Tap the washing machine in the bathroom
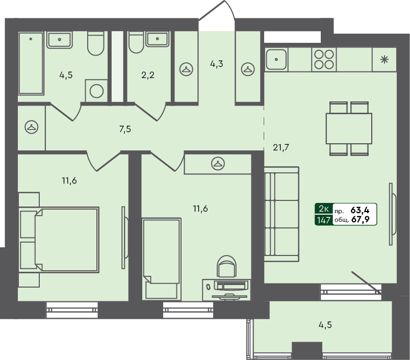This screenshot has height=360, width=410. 96,91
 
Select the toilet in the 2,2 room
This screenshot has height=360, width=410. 136,44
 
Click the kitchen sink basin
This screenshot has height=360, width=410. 276,59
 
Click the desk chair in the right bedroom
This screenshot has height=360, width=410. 227,267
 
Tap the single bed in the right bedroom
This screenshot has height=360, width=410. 161,259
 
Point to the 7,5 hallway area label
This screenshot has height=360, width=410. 125,129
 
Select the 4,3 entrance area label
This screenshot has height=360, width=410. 217,64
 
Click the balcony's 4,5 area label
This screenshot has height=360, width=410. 325,324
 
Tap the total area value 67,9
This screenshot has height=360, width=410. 361,220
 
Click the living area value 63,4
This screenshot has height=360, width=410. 361,209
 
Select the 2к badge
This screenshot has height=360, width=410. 323,209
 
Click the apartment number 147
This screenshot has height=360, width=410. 323,220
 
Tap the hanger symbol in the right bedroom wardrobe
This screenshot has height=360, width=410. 218,164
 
